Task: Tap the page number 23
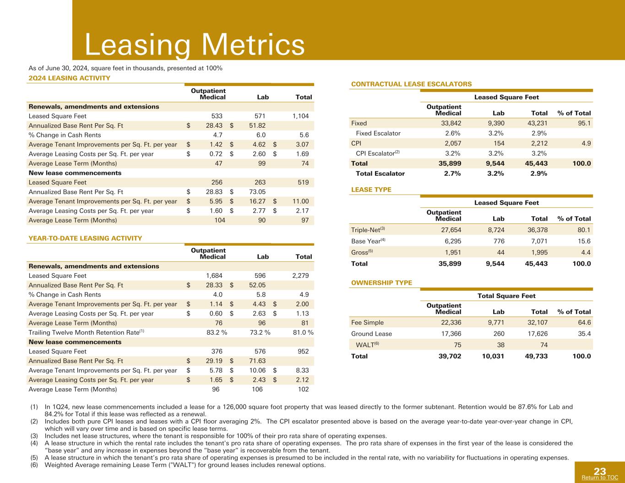click(x=600, y=472)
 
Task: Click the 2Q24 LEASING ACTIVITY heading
click(x=69, y=78)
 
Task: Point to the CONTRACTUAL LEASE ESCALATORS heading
click(x=411, y=84)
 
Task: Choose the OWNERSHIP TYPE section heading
click(x=381, y=283)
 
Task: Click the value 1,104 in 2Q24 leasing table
click(x=300, y=116)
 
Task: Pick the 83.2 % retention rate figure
click(x=217, y=332)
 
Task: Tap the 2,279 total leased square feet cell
click(x=300, y=276)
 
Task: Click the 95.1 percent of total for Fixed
click(x=584, y=123)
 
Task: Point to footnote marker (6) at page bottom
click(x=34, y=465)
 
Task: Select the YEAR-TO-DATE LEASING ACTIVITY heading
click(x=85, y=239)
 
